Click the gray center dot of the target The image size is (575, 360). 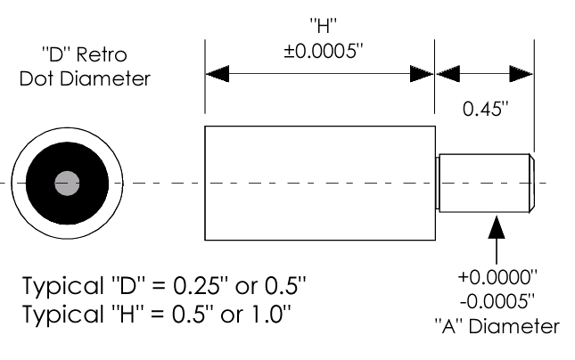click(x=67, y=184)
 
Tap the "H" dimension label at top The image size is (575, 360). click(x=323, y=26)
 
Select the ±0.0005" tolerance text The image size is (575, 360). click(x=323, y=51)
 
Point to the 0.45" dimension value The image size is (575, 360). click(x=485, y=109)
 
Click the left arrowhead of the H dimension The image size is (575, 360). click(x=218, y=74)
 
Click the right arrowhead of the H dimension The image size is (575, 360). click(x=422, y=74)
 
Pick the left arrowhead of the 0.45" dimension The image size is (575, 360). click(x=448, y=74)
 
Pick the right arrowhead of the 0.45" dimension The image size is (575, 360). click(x=522, y=74)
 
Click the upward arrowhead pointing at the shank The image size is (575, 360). click(x=497, y=227)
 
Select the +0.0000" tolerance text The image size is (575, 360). click(x=497, y=277)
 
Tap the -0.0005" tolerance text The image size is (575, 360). click(x=497, y=301)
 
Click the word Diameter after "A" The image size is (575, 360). click(x=514, y=326)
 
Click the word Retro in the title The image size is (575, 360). click(x=102, y=55)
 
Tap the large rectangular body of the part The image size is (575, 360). click(x=320, y=184)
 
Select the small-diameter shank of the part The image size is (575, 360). click(x=484, y=184)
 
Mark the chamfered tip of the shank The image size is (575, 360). click(x=531, y=184)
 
